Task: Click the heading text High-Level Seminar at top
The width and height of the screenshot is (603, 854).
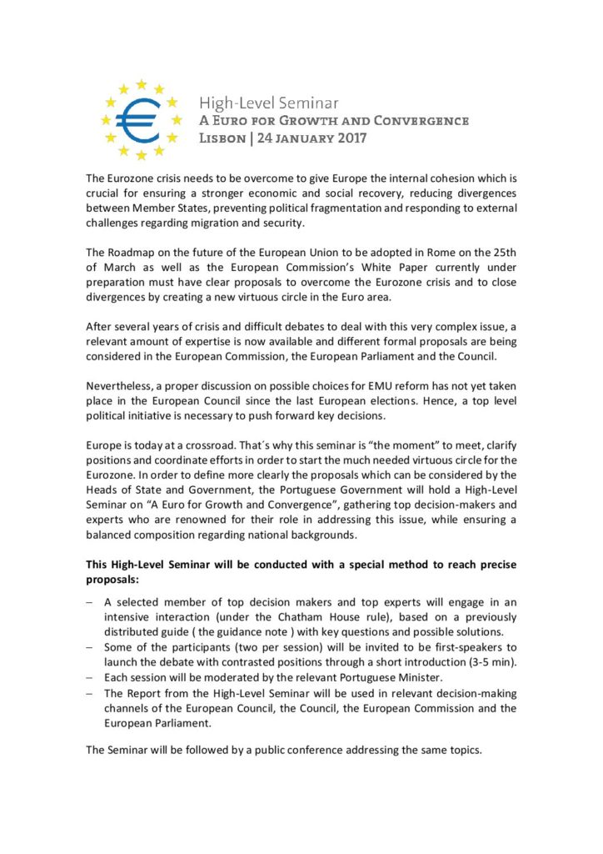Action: pos(268,103)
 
